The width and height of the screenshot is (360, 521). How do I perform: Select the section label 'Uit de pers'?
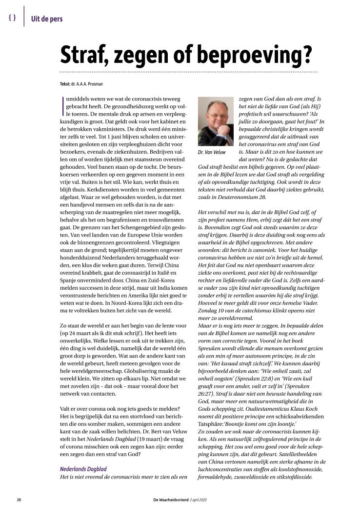pyautogui.click(x=47, y=19)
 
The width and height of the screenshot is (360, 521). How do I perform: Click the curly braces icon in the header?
pyautogui.click(x=13, y=18)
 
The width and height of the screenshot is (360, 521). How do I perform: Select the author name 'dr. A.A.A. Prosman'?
pyautogui.click(x=89, y=84)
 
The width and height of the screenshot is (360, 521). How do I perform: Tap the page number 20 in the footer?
pyautogui.click(x=19, y=500)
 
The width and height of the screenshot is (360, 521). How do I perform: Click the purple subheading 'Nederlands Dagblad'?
pyautogui.click(x=83, y=469)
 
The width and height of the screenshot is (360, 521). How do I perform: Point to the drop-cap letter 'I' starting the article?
pyautogui.click(x=61, y=101)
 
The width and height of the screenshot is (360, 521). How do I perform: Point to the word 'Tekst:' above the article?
pyautogui.click(x=65, y=84)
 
